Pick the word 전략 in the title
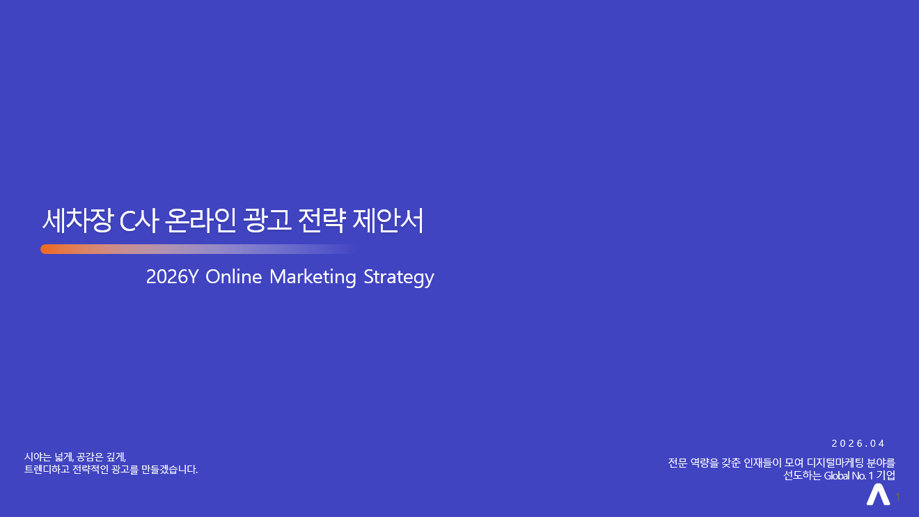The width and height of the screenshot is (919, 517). [x=321, y=221]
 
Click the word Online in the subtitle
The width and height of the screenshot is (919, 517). [x=234, y=277]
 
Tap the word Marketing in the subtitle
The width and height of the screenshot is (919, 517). [x=313, y=277]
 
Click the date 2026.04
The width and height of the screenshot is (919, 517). [x=858, y=443]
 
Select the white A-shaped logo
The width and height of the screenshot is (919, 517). [x=878, y=495]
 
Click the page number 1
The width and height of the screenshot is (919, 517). [x=898, y=497]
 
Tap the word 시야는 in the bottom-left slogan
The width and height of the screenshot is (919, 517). [x=38, y=457]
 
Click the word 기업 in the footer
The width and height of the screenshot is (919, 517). [x=886, y=476]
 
